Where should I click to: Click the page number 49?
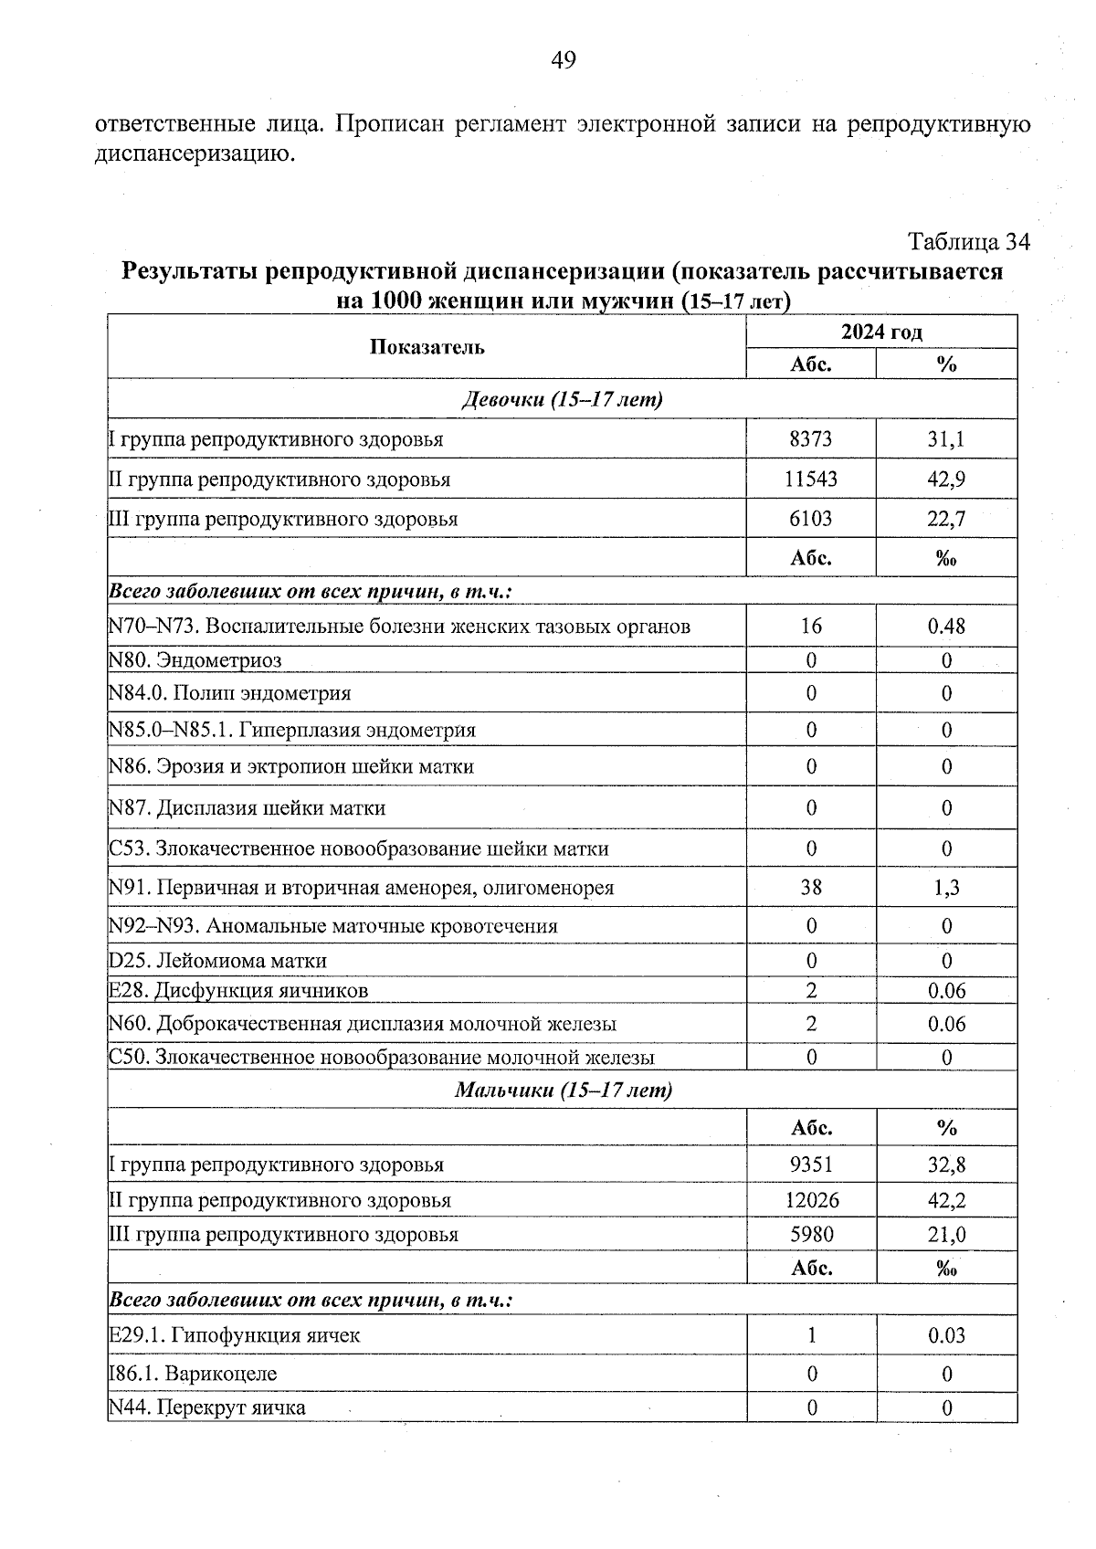(x=564, y=61)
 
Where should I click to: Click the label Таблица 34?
(x=968, y=242)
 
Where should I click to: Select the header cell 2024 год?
(x=881, y=332)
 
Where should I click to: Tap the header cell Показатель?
(x=427, y=347)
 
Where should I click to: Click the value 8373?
(x=810, y=439)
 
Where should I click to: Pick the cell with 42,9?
(x=946, y=479)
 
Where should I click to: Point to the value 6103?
(x=810, y=519)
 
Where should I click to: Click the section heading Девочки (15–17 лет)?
(x=562, y=399)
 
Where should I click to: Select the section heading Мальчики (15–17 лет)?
(x=562, y=1090)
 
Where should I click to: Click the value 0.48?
(x=946, y=627)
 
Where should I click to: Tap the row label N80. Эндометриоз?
(x=195, y=659)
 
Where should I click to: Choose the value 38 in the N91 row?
(x=810, y=888)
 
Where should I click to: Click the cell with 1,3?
(x=946, y=888)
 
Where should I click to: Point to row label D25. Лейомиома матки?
(x=217, y=961)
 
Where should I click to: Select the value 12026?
(x=811, y=1200)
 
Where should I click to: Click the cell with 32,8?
(x=946, y=1165)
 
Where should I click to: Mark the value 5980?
(x=811, y=1235)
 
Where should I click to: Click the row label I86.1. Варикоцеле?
(x=193, y=1374)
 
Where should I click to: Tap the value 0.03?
(x=946, y=1335)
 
